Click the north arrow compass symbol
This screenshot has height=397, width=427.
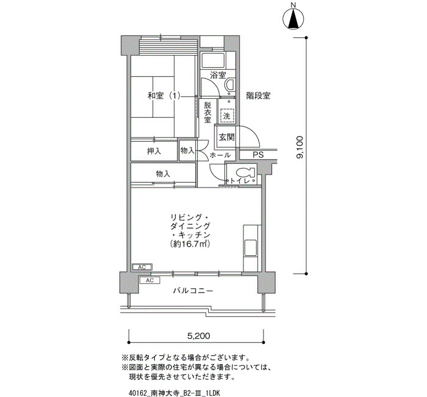pyautogui.click(x=293, y=18)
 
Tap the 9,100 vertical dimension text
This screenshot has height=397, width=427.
pyautogui.click(x=300, y=147)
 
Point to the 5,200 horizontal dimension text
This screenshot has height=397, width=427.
pyautogui.click(x=198, y=336)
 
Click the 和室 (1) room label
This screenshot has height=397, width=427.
pyautogui.click(x=164, y=96)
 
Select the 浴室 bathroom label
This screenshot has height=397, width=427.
pyautogui.click(x=218, y=75)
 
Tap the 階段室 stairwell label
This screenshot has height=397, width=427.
pyautogui.click(x=258, y=96)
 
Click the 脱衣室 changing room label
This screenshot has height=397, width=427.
pyautogui.click(x=207, y=112)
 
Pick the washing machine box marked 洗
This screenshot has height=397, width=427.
pyautogui.click(x=226, y=116)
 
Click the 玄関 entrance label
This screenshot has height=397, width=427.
pyautogui.click(x=226, y=137)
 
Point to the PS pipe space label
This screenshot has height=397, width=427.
pyautogui.click(x=258, y=155)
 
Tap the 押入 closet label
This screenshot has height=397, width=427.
pyautogui.click(x=154, y=151)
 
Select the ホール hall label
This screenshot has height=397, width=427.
pyautogui.click(x=220, y=155)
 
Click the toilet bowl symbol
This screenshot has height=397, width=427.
pyautogui.click(x=245, y=173)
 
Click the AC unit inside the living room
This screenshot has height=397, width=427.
pyautogui.click(x=142, y=268)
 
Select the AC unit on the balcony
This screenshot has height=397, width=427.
pyautogui.click(x=149, y=280)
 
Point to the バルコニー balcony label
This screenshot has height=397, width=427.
pyautogui.click(x=193, y=291)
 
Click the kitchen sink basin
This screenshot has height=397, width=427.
pyautogui.click(x=251, y=247)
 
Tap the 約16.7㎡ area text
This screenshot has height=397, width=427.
pyautogui.click(x=190, y=244)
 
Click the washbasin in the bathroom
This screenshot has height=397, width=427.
pyautogui.click(x=230, y=85)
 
